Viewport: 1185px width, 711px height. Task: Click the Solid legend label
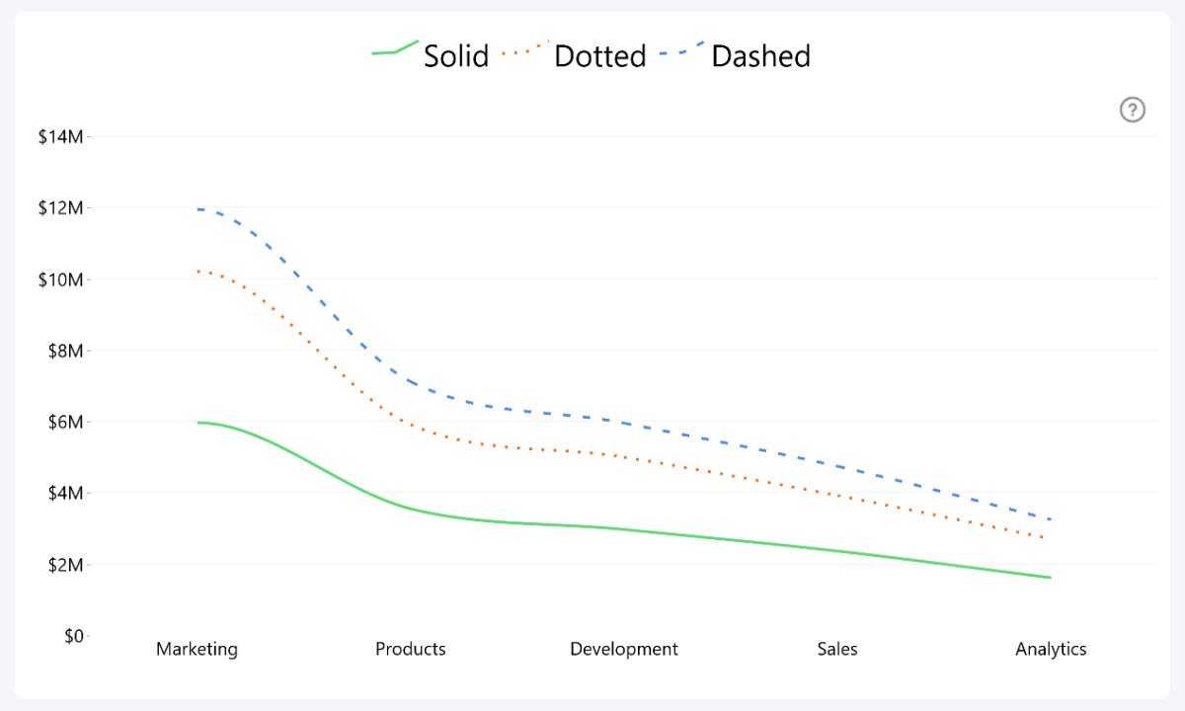[x=456, y=56]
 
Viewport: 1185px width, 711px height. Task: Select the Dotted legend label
[x=599, y=56]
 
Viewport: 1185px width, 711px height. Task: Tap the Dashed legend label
[x=760, y=56]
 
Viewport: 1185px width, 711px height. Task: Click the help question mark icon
[x=1132, y=110]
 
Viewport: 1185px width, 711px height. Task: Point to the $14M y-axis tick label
[x=60, y=137]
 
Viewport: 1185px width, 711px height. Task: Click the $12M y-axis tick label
[x=60, y=208]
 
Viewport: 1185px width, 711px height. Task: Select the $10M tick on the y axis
[x=60, y=279]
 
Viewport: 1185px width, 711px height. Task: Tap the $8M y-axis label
[x=64, y=351]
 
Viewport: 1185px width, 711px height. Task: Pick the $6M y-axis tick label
[x=64, y=422]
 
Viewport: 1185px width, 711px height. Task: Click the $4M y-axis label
[x=64, y=493]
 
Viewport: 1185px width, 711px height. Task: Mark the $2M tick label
[x=64, y=565]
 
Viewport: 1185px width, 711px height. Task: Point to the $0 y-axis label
[x=73, y=636]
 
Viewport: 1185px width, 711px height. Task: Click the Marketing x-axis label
[x=197, y=649]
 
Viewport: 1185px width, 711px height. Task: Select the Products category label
[x=411, y=649]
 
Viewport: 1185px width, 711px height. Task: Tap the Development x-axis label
[x=624, y=649]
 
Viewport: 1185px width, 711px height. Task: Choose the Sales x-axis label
[x=837, y=649]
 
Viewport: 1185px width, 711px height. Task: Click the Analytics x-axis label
[x=1051, y=649]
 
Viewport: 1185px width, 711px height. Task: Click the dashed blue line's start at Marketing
[x=198, y=209]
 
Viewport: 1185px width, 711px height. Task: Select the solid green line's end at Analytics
[x=1050, y=578]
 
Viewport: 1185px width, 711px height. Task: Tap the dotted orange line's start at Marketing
[x=198, y=271]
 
